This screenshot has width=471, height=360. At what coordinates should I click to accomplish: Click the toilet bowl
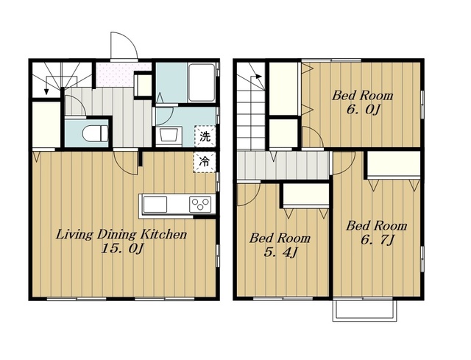[x=95, y=133]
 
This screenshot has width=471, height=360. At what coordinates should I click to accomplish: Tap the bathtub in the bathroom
[x=202, y=82]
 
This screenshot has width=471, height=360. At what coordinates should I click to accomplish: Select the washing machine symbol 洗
[x=205, y=136]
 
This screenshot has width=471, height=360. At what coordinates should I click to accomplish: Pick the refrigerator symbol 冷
[x=205, y=162]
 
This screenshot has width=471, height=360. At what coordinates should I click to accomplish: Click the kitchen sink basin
[x=155, y=204]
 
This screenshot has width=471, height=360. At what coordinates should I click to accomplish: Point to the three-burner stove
[x=200, y=204]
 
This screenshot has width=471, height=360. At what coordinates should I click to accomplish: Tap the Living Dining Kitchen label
[x=121, y=234]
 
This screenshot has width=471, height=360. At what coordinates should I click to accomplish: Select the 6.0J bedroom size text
[x=364, y=110]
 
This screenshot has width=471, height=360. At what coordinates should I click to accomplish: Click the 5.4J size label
[x=280, y=253]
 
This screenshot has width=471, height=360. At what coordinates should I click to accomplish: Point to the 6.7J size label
[x=378, y=240]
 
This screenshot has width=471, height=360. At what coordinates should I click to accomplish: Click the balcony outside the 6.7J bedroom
[x=365, y=310]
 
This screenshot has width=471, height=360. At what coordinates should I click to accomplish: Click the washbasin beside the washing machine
[x=169, y=135]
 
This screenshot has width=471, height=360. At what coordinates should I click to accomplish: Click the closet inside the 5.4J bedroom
[x=306, y=194]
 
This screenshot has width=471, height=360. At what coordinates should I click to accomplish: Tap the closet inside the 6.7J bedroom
[x=394, y=163]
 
